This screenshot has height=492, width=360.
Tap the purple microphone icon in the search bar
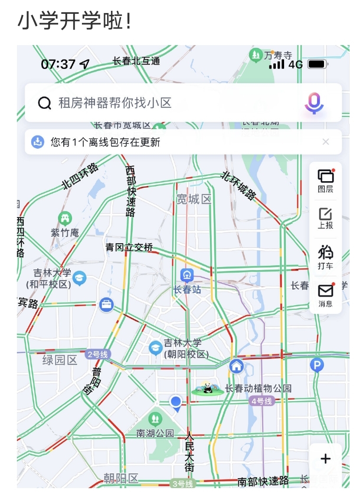[314, 103]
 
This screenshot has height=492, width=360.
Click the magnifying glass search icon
[45, 103]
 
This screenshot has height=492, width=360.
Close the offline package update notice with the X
[326, 142]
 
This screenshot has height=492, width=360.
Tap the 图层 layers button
[325, 180]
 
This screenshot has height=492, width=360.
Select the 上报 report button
[325, 218]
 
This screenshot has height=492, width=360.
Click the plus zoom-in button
[325, 459]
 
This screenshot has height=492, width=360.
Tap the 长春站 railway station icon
[187, 275]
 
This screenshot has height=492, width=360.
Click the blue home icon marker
[236, 366]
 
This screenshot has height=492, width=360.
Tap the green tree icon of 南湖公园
[155, 419]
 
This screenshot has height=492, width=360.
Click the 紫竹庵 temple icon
[65, 218]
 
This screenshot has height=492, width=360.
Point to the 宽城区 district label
[194, 199]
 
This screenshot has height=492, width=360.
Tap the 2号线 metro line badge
[98, 355]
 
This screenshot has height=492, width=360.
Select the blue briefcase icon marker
[106, 304]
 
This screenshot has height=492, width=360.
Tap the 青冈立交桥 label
[129, 248]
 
